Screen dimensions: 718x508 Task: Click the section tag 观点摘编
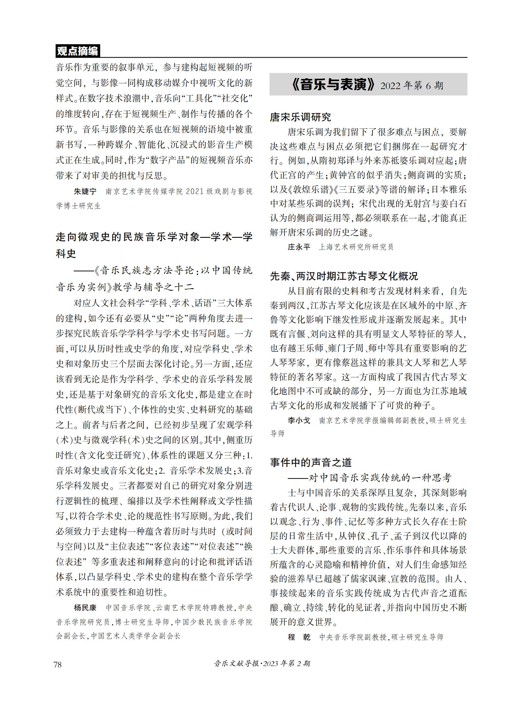coord(77,51)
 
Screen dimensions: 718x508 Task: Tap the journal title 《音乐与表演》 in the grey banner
coord(333,85)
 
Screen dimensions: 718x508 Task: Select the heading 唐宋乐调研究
coord(300,117)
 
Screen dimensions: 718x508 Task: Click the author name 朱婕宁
coord(85,191)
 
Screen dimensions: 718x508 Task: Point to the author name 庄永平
coord(299,247)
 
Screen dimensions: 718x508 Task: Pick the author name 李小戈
coord(299,421)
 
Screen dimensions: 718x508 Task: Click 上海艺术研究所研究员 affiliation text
coord(356,247)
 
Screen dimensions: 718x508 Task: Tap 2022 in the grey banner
coord(391,86)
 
